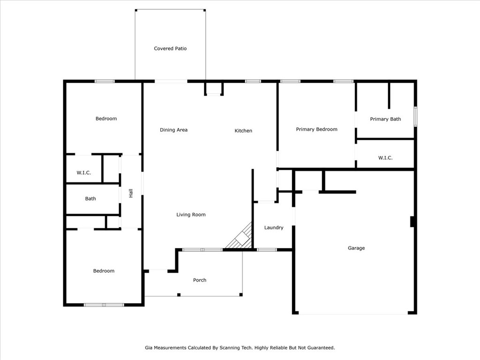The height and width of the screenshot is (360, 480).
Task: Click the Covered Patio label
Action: pyautogui.click(x=170, y=48)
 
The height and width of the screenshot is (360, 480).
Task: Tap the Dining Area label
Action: pyautogui.click(x=173, y=130)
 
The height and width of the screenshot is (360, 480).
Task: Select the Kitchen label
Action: pyautogui.click(x=243, y=131)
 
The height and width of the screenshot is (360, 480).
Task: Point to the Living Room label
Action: pyautogui.click(x=191, y=215)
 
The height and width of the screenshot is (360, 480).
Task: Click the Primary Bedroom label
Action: pyautogui.click(x=316, y=129)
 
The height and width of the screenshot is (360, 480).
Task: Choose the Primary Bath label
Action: pyautogui.click(x=385, y=119)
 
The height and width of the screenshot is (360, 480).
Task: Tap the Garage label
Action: pyautogui.click(x=356, y=248)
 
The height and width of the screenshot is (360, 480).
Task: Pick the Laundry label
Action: pyautogui.click(x=274, y=227)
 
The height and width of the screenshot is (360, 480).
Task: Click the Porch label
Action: pyautogui.click(x=200, y=280)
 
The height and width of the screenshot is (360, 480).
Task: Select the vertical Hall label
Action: pyautogui.click(x=131, y=193)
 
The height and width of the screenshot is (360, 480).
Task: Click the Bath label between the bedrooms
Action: pyautogui.click(x=90, y=199)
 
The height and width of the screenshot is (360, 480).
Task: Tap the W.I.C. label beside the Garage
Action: pyautogui.click(x=385, y=158)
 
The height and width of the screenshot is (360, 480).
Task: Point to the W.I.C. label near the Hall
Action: pyautogui.click(x=83, y=172)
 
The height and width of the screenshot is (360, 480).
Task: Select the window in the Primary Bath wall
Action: pyautogui.click(x=415, y=116)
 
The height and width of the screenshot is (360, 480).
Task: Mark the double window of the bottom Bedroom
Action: pyautogui.click(x=104, y=305)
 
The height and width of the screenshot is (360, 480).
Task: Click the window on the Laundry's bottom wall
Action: pyautogui.click(x=267, y=250)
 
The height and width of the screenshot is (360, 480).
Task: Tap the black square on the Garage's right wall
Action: pyautogui.click(x=412, y=222)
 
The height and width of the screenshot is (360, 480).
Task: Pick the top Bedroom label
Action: pyautogui.click(x=106, y=119)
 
